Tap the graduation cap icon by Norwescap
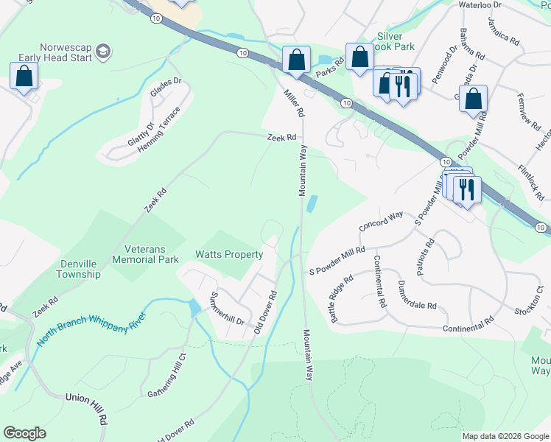pos(103,52)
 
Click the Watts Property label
pos(229,255)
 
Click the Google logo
pos(25,433)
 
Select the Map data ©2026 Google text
pos(505,436)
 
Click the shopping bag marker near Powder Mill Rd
pos(475,99)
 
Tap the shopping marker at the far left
pos(24,76)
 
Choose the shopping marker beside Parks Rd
pos(359,57)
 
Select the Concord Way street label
pos(381,221)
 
